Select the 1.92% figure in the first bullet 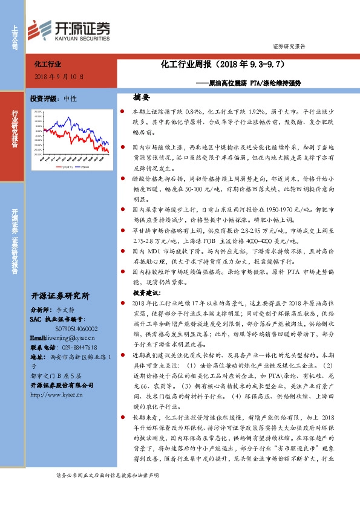[x=258, y=112]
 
